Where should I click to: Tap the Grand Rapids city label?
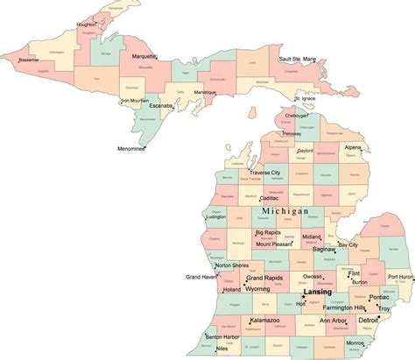264,279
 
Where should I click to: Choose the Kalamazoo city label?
266,321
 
